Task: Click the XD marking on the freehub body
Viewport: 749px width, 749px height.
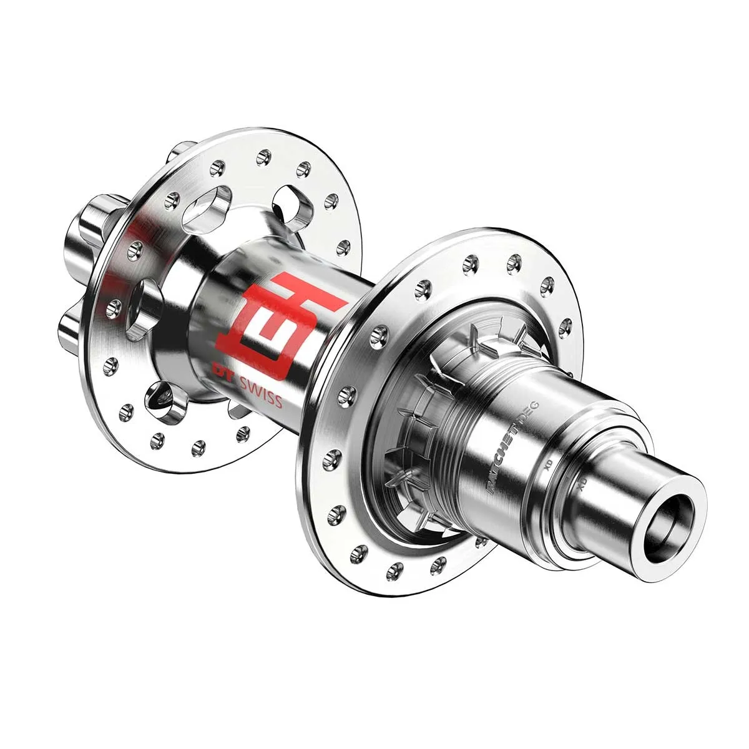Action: coord(549,465)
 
